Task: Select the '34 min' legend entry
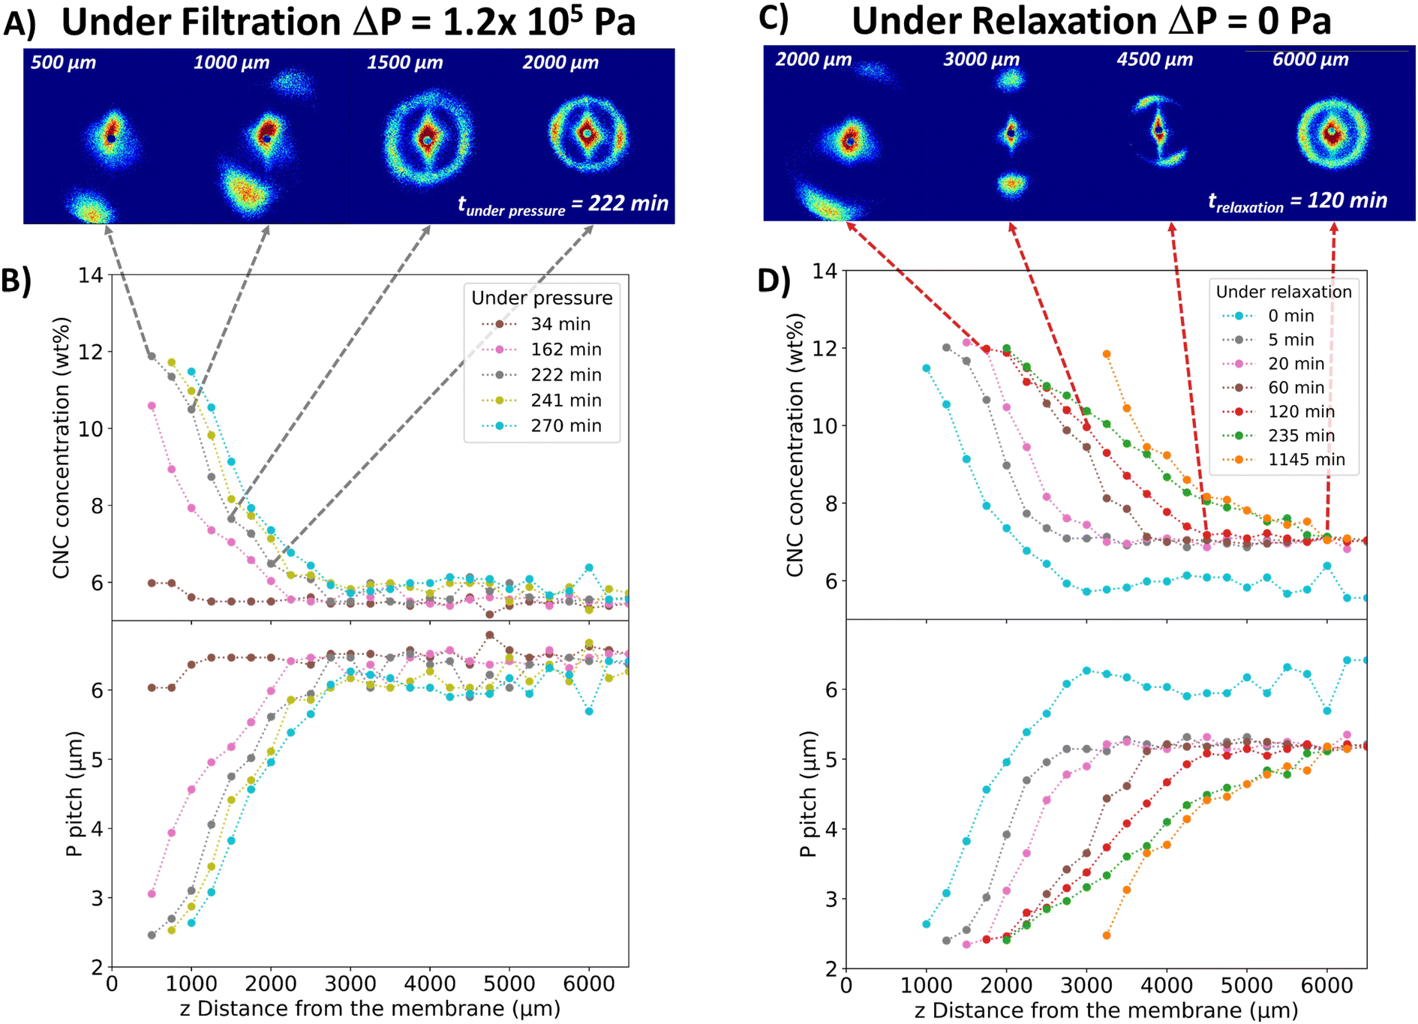click(x=536, y=324)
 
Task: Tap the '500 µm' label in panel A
click(x=64, y=62)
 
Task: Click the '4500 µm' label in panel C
click(x=1155, y=59)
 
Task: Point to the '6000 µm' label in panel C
click(x=1310, y=59)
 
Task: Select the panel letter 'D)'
click(x=774, y=279)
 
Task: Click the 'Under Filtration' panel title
click(x=201, y=22)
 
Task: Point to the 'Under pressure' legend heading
click(x=542, y=298)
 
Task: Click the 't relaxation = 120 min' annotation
click(x=1297, y=201)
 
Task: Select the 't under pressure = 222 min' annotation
click(x=563, y=204)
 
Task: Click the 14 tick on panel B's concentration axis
click(x=91, y=275)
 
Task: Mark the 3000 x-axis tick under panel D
click(x=1086, y=984)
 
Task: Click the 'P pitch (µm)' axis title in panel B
click(x=74, y=794)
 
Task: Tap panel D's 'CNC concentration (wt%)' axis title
click(x=795, y=445)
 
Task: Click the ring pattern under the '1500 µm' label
click(x=428, y=138)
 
